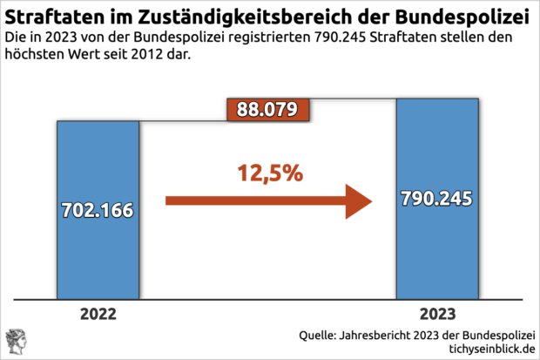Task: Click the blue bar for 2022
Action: click(x=98, y=253)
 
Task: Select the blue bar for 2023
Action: click(x=437, y=253)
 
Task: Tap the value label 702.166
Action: click(x=98, y=210)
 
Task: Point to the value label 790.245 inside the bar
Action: click(x=437, y=198)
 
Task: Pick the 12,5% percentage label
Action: click(x=269, y=173)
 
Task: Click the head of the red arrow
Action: click(x=357, y=200)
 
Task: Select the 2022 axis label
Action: click(x=98, y=314)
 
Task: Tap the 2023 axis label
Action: click(x=437, y=314)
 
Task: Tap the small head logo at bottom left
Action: click(x=16, y=341)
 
